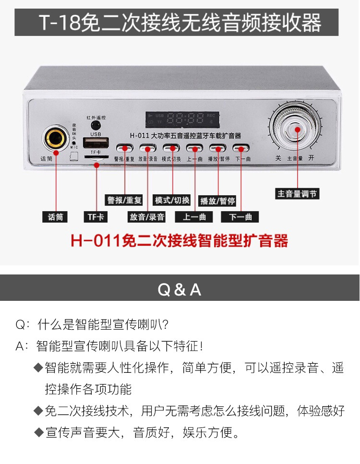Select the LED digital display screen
182,119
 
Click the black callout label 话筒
55,217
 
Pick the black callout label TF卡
96,217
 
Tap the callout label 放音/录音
147,217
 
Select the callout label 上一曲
194,217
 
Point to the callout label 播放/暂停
218,201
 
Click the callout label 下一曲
240,217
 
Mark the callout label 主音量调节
298,194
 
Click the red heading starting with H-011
180,240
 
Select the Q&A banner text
180,290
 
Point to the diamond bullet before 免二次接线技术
38,410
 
